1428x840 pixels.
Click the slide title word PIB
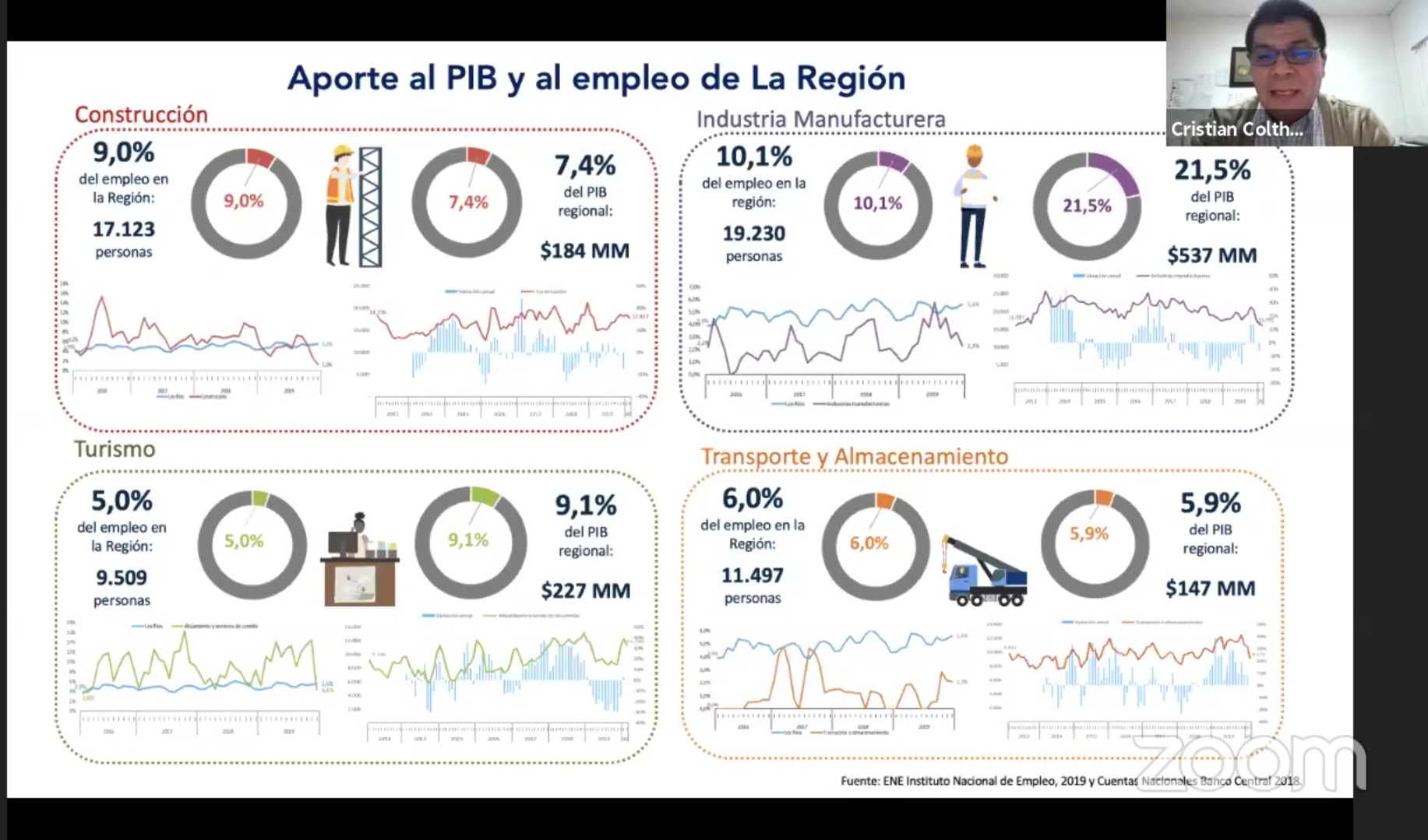pyautogui.click(x=471, y=78)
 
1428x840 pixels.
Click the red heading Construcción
pyautogui.click(x=141, y=114)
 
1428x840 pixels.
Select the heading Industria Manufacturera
pyautogui.click(x=820, y=119)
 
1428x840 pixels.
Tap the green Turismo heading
pyautogui.click(x=115, y=449)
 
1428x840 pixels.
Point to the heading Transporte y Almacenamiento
pyautogui.click(x=854, y=456)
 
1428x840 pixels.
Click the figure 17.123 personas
pyautogui.click(x=124, y=230)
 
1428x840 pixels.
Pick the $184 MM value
pyautogui.click(x=584, y=251)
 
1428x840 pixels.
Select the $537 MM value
pyautogui.click(x=1211, y=255)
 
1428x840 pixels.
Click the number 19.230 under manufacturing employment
pyautogui.click(x=753, y=234)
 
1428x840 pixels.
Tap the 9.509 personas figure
pyautogui.click(x=122, y=578)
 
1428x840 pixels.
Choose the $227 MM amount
pyautogui.click(x=585, y=591)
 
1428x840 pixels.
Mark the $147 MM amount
pyautogui.click(x=1210, y=589)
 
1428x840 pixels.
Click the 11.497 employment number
pyautogui.click(x=752, y=575)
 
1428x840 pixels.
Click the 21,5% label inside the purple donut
pyautogui.click(x=1087, y=206)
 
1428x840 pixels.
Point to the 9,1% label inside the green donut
pyautogui.click(x=468, y=540)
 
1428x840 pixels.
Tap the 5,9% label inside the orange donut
pyautogui.click(x=1088, y=533)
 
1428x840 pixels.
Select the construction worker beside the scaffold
pyautogui.click(x=340, y=206)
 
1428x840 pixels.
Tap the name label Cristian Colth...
pyautogui.click(x=1236, y=129)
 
